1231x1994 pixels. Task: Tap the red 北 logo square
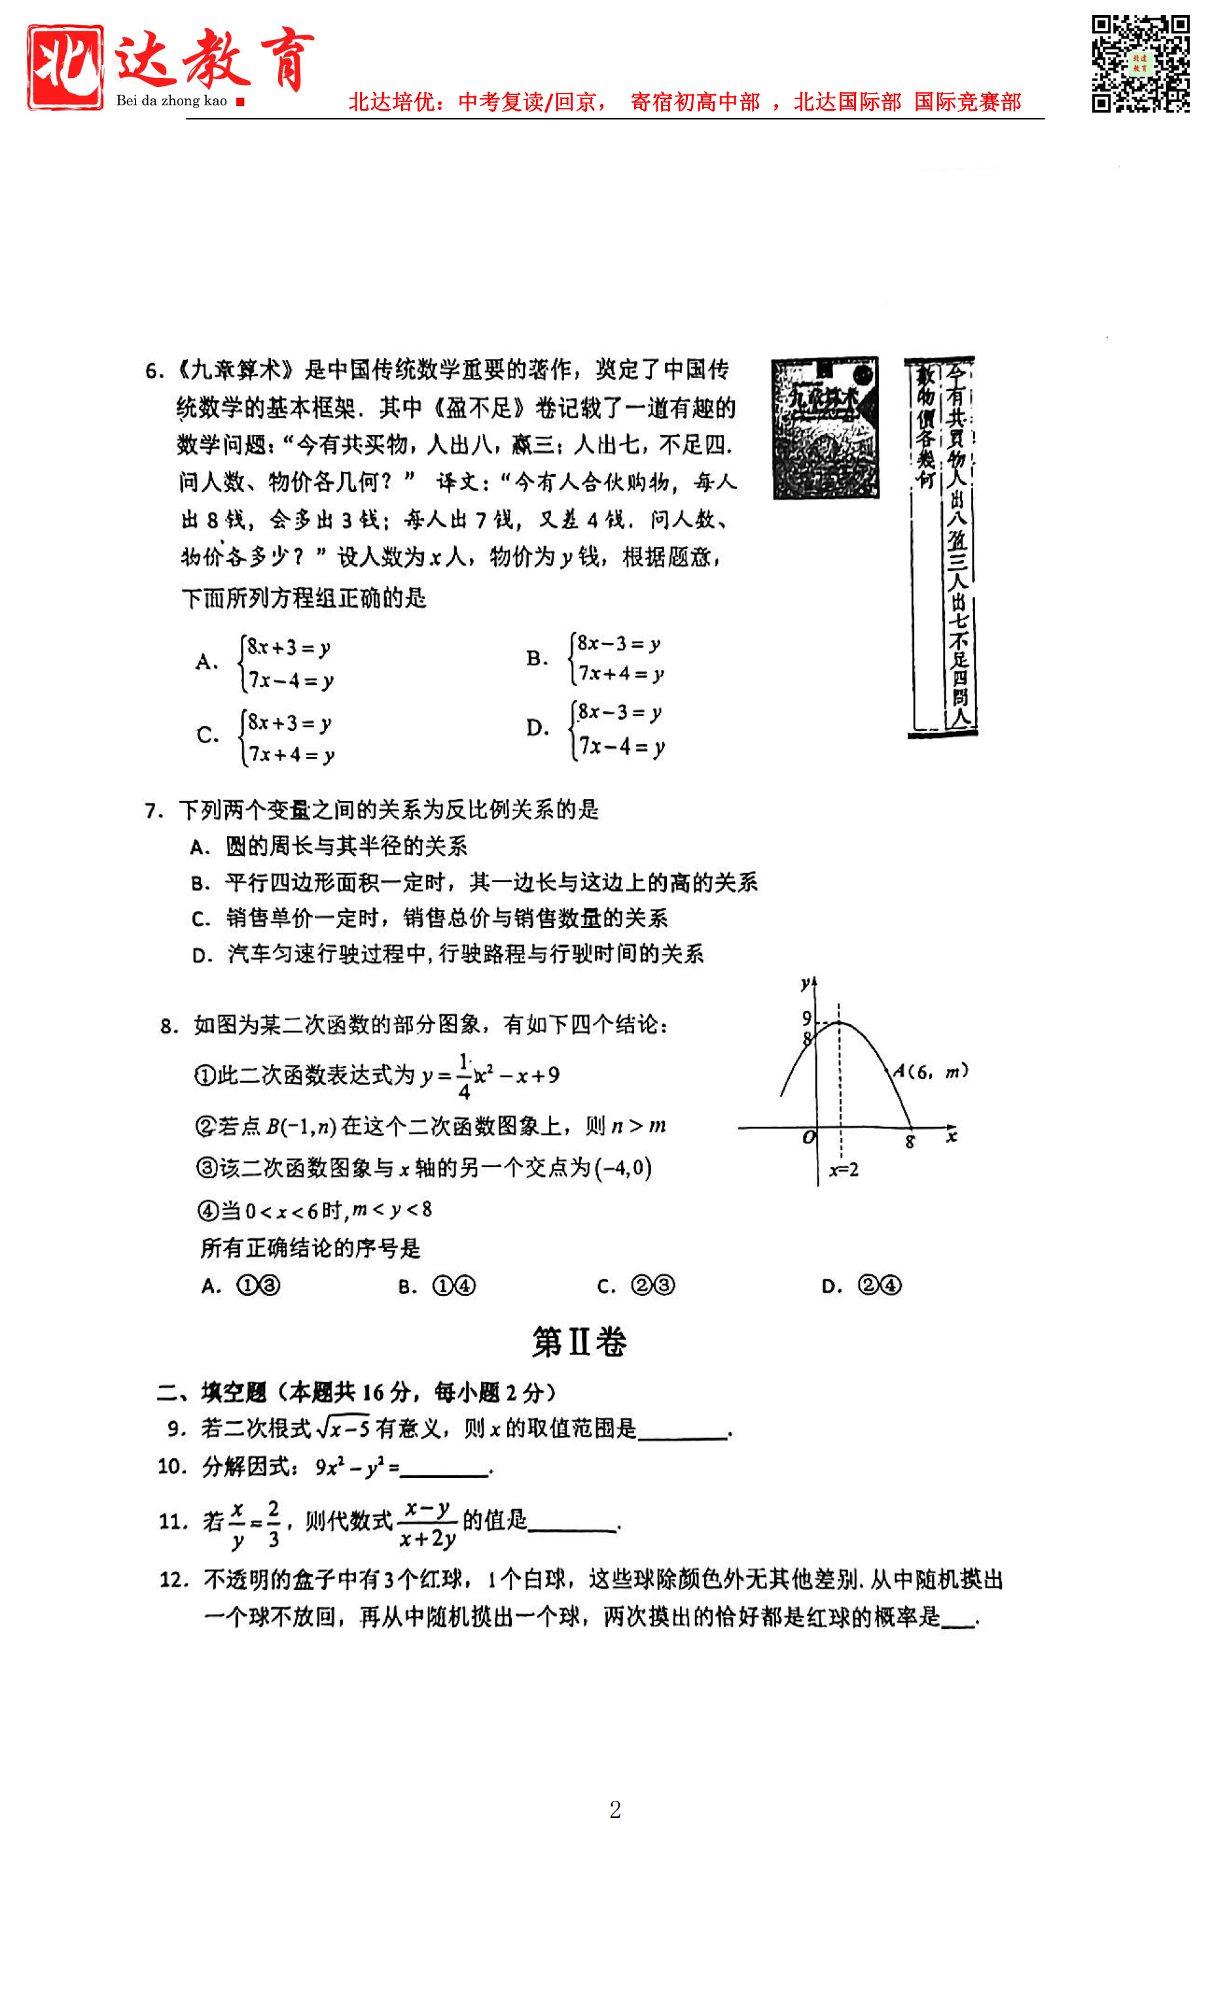click(x=65, y=66)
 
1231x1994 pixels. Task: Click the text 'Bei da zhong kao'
click(x=171, y=101)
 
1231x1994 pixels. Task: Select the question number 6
click(x=154, y=371)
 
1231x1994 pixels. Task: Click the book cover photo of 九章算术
click(x=825, y=428)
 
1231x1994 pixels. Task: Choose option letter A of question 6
click(x=206, y=661)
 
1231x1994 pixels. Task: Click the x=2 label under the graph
click(x=844, y=1170)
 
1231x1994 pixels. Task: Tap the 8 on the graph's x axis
click(x=910, y=1143)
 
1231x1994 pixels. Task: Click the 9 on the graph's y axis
click(x=806, y=1018)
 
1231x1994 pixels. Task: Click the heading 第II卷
click(x=579, y=1342)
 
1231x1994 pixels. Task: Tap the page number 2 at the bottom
click(x=615, y=1810)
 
